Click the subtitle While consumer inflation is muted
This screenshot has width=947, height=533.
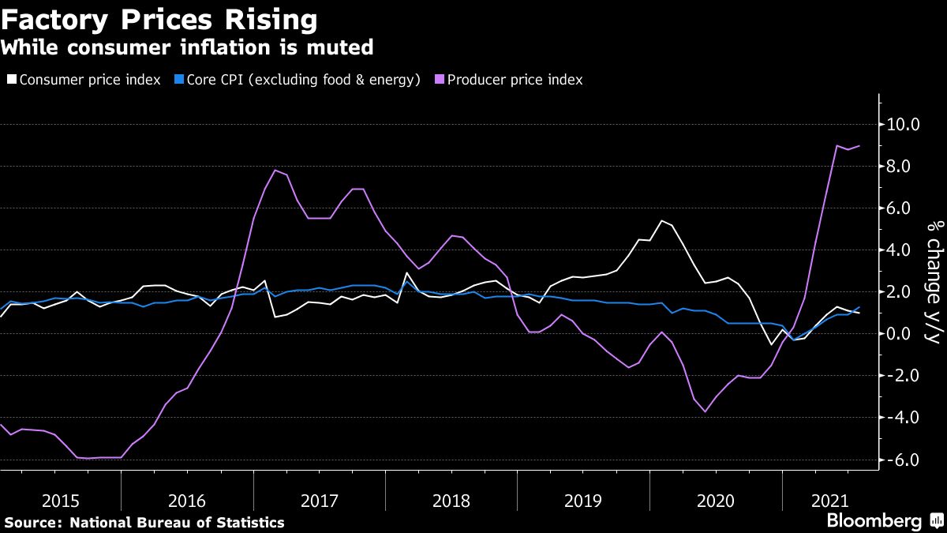(x=187, y=48)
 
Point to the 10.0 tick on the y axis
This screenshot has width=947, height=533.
(x=904, y=125)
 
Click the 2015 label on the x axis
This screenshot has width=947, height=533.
(x=60, y=501)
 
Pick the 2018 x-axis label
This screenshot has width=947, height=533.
(x=451, y=501)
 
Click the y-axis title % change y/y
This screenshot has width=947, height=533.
(x=933, y=282)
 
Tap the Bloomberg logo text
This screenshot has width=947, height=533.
(x=874, y=520)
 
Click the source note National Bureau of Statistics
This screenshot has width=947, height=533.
(x=144, y=522)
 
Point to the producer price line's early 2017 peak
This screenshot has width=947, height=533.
(x=275, y=171)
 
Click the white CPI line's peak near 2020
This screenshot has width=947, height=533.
(x=661, y=221)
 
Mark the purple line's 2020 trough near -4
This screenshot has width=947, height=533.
(x=705, y=411)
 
